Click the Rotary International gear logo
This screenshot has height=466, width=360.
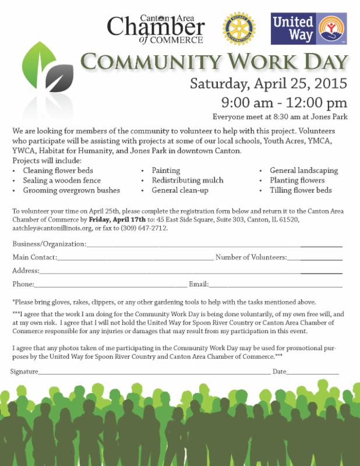pos(239,29)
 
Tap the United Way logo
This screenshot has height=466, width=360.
pos(309,29)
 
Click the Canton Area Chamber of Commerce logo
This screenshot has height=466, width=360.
pos(156,29)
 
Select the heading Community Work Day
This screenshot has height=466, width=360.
pos(214,62)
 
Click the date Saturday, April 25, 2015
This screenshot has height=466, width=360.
pos(269,83)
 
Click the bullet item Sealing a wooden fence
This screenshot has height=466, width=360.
pos(62,181)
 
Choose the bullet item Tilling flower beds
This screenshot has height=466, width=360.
pos(301,190)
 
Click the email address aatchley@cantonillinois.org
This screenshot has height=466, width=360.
pos(51,228)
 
